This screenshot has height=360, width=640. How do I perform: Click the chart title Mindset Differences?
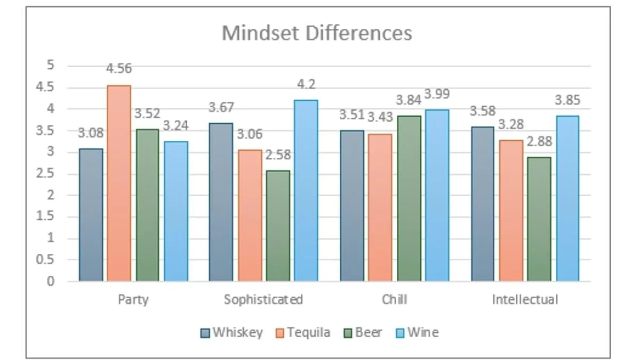[317, 33]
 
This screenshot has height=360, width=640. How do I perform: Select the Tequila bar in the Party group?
[119, 183]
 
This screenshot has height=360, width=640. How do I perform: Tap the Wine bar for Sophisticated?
[306, 190]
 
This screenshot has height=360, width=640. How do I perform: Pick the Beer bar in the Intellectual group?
[539, 219]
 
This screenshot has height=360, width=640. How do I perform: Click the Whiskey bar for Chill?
[352, 205]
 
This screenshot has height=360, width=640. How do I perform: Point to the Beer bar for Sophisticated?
[278, 226]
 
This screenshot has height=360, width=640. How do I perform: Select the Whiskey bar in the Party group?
[91, 214]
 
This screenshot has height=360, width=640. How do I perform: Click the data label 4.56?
[118, 69]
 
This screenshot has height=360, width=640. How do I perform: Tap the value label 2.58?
[277, 155]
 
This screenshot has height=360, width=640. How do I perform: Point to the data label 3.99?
[437, 94]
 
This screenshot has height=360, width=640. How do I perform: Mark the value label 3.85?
[567, 100]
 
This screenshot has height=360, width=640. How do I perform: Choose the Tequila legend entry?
[303, 332]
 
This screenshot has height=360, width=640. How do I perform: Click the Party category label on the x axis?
[133, 299]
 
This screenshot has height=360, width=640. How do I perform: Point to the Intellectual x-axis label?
[525, 299]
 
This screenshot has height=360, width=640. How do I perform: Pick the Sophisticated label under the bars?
[263, 299]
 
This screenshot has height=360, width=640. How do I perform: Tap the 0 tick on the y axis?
[51, 281]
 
